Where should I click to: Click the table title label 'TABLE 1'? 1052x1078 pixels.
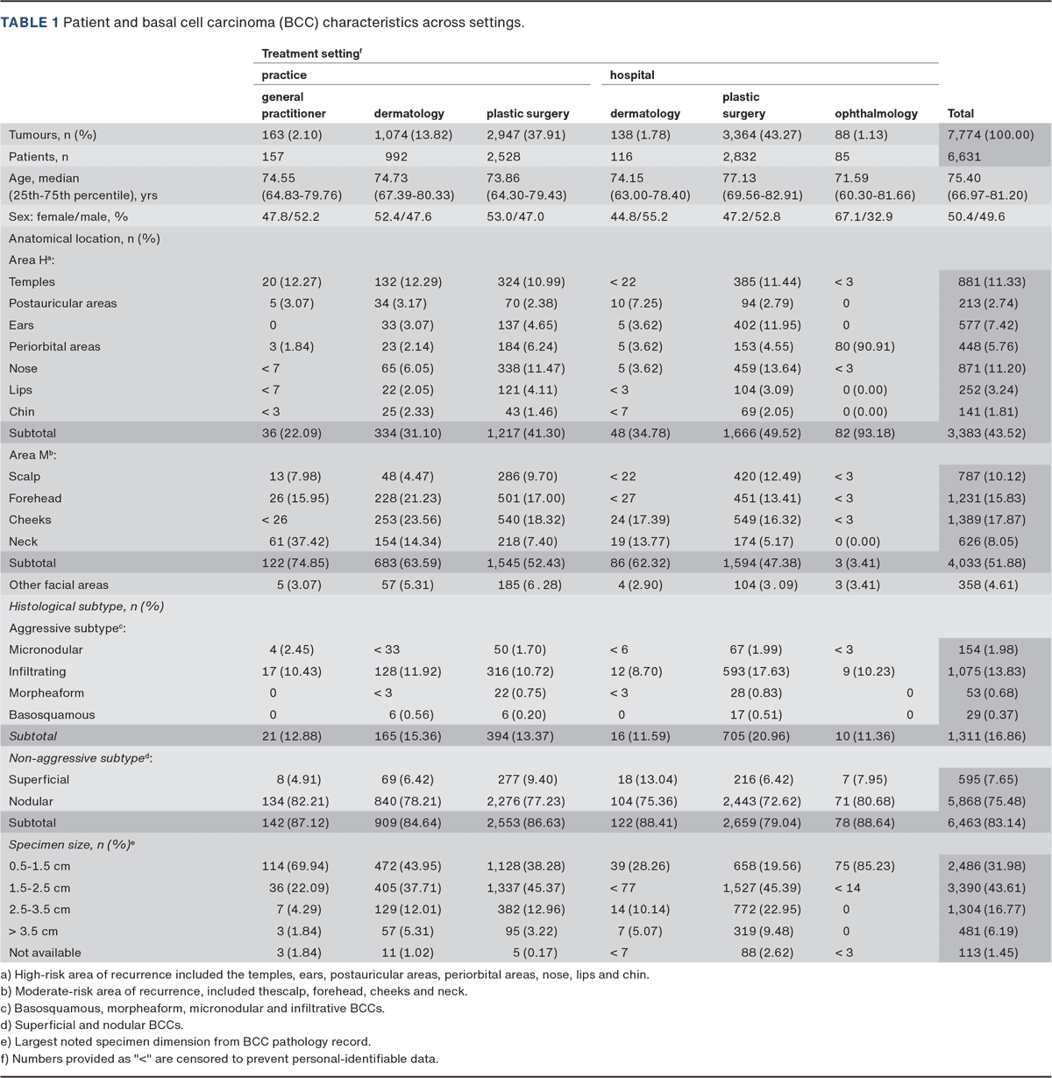click(30, 23)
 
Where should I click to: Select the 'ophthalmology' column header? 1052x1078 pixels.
click(876, 114)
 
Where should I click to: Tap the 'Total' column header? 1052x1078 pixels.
click(961, 114)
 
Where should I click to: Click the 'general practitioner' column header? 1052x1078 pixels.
click(294, 105)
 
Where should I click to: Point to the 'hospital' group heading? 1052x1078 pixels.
click(632, 75)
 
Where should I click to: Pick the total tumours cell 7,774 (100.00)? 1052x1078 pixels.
click(991, 135)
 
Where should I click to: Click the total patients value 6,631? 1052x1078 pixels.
click(964, 157)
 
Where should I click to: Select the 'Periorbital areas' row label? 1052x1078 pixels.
click(54, 347)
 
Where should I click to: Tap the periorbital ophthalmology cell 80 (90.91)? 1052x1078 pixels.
click(864, 347)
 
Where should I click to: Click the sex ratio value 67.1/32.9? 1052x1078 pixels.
click(864, 216)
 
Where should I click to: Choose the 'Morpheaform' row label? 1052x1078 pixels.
click(46, 693)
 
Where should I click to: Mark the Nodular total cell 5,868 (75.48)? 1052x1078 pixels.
click(986, 802)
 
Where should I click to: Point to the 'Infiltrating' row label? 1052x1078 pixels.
click(38, 671)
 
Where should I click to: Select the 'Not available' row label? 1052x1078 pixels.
click(45, 953)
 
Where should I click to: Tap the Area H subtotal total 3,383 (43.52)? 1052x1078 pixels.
click(986, 433)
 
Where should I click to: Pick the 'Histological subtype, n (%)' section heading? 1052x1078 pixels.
click(87, 606)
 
